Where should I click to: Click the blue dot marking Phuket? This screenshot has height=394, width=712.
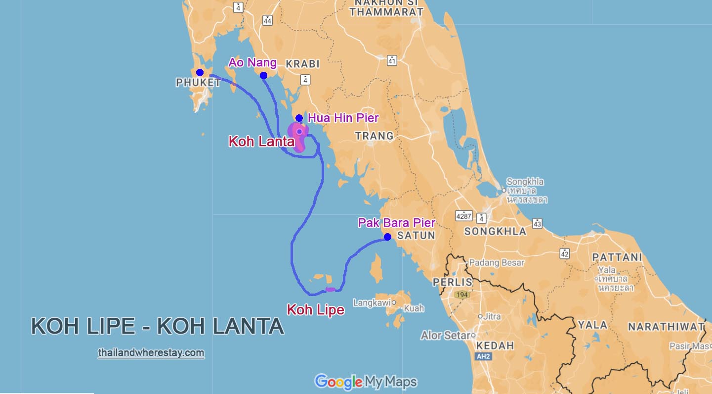[200, 72]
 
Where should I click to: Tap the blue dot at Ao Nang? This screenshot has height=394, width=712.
[263, 75]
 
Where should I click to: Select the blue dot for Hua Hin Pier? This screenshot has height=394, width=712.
[299, 118]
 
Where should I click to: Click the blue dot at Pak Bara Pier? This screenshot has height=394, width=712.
[387, 237]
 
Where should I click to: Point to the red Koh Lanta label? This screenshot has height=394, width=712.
[261, 142]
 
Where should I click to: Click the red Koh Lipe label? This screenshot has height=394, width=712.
[315, 310]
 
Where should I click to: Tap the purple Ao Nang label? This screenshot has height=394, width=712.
[252, 62]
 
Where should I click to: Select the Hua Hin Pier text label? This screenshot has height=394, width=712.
[343, 118]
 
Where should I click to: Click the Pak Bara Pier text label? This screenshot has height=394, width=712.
[397, 223]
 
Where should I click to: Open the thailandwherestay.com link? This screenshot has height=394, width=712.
[151, 353]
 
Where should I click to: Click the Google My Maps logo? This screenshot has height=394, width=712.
[366, 382]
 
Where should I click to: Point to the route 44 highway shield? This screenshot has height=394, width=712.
[267, 20]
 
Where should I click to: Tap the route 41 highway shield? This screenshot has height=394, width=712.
[392, 60]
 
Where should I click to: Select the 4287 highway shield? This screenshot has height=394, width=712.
[463, 216]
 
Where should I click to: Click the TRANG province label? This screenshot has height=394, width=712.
[374, 136]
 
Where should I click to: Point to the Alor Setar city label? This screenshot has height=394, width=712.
[445, 336]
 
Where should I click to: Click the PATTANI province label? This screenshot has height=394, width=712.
[617, 257]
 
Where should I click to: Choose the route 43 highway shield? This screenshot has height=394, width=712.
[537, 223]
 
